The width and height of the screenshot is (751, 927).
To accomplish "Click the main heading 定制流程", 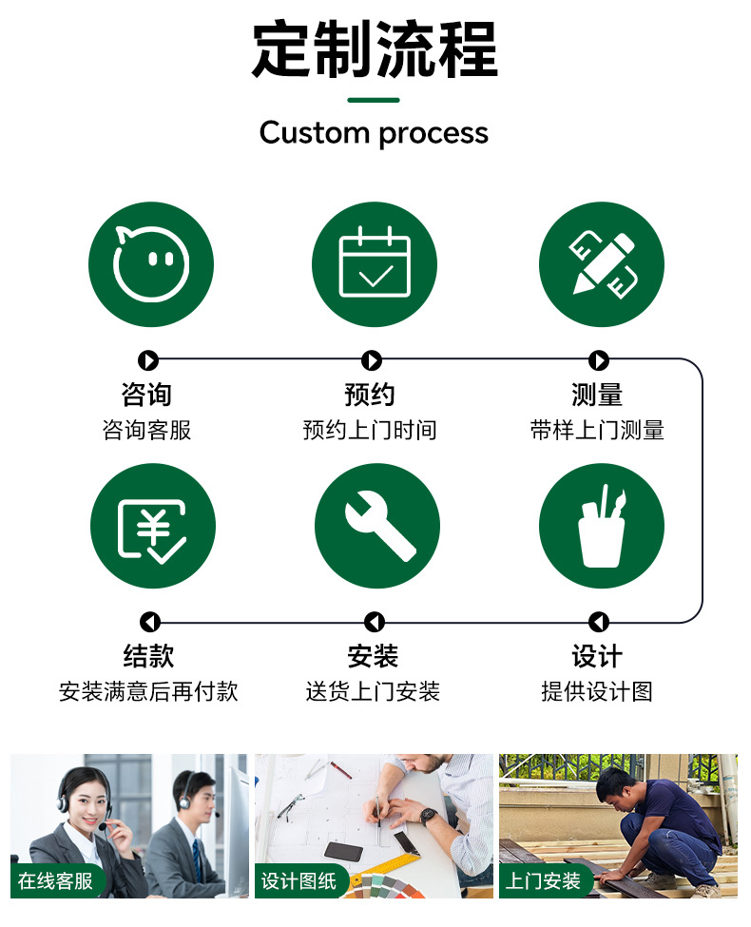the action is coord(375,49).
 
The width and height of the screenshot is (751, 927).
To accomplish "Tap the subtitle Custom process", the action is coord(374,132).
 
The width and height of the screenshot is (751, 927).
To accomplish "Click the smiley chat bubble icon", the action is coord(150,263).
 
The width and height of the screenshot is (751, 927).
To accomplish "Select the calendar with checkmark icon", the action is coord(375,263).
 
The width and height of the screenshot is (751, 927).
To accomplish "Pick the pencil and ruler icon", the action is coord(601,263).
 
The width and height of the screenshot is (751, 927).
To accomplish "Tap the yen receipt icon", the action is coord(152,526).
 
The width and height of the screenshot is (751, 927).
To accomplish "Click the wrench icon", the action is coord(376,526).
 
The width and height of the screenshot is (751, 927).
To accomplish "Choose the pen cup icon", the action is coord(601,526).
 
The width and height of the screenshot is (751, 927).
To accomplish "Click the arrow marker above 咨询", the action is coord(147,360).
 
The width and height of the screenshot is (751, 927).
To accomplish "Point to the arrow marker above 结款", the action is coord(150,622).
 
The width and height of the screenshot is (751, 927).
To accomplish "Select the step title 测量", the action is coord(597,395).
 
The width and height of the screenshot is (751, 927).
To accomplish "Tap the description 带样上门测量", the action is coord(597,430).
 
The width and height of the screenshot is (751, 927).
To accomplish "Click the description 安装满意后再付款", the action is coord(148,691).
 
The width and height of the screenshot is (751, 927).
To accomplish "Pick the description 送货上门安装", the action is coord(373,691).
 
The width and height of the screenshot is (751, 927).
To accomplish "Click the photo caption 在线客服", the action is coord(56,880).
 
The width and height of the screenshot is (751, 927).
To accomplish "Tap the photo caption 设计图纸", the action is coord(298,880).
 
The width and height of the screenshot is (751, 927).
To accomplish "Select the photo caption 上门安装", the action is coord(543,880).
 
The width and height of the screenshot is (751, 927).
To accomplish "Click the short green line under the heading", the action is coord(374,100).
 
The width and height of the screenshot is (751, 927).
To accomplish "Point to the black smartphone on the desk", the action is coord(343,851).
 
